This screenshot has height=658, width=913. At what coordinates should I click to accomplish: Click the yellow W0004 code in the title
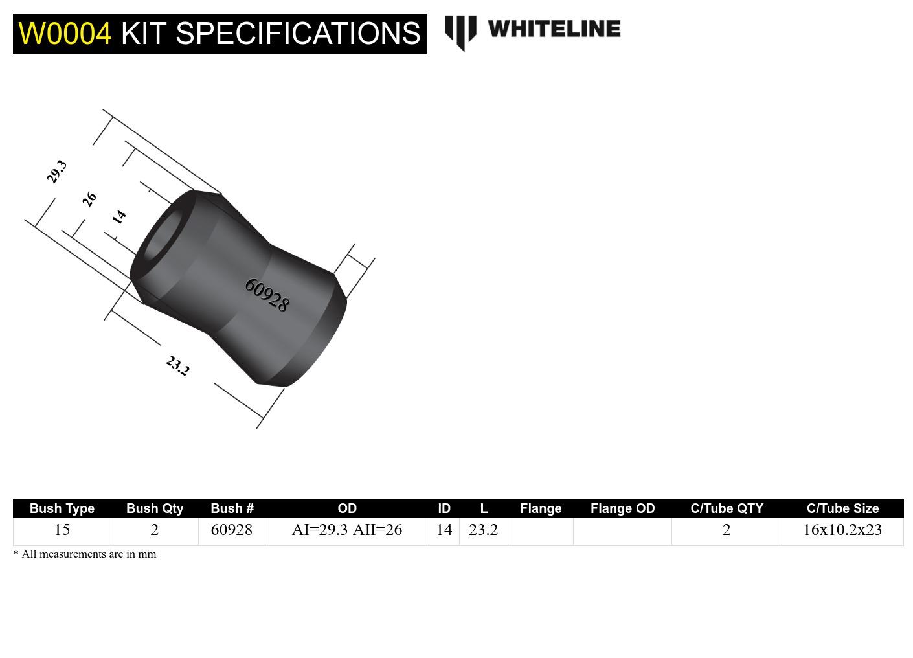[65, 34]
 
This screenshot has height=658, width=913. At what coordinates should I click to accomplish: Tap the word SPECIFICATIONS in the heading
[298, 34]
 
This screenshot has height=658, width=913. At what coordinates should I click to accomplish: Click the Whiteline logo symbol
[460, 31]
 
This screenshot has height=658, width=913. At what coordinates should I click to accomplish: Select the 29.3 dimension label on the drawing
[57, 172]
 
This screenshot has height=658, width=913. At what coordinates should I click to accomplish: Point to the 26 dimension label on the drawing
[89, 199]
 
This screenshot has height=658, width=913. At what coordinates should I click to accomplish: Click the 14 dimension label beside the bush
[119, 217]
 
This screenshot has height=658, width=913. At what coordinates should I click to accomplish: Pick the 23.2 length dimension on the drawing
[177, 366]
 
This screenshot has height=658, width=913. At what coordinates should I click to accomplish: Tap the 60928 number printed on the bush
[267, 295]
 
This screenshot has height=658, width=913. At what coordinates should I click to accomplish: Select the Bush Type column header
[62, 508]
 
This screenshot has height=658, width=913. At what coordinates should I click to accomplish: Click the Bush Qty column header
[155, 508]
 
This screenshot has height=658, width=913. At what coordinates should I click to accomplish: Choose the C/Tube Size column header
[842, 508]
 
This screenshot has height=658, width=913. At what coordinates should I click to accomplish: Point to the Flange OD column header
[622, 508]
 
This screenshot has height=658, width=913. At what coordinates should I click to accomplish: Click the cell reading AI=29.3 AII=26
[347, 530]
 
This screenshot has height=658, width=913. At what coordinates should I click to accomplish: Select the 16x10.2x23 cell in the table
[842, 530]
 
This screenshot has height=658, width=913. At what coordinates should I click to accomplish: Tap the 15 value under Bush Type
[62, 530]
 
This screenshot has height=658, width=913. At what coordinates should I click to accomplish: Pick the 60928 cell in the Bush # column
[232, 530]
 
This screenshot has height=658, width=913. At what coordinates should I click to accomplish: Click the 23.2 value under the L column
[484, 530]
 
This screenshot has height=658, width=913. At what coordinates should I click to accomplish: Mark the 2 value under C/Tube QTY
[727, 530]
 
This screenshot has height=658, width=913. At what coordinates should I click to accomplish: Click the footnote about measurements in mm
[85, 554]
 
